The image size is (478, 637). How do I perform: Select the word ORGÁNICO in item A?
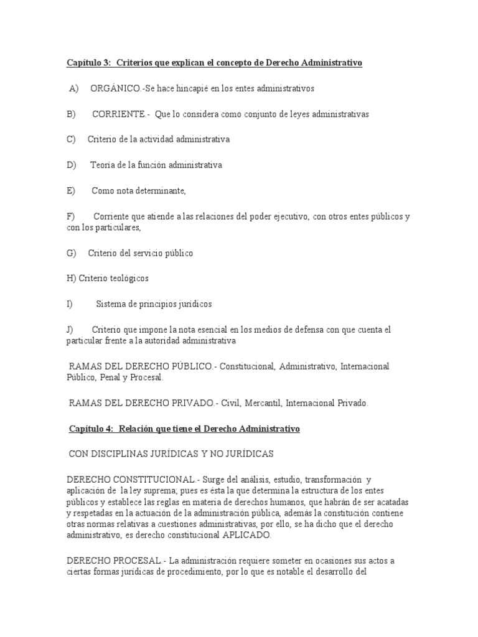pos(115,89)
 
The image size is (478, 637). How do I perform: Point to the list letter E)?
pos(70,191)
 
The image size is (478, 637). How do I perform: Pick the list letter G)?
pos(71,253)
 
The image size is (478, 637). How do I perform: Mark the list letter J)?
pos(70,329)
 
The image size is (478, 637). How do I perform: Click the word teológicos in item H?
pos(129,279)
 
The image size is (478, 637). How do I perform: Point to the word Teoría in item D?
pos(103,165)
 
